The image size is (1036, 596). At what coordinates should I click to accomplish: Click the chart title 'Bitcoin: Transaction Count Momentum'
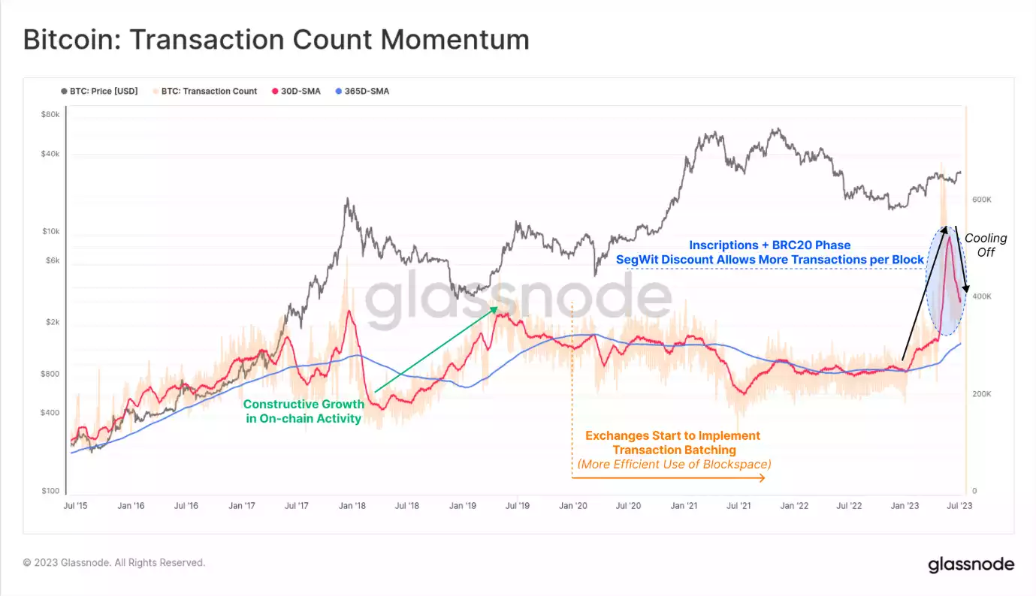point(276,40)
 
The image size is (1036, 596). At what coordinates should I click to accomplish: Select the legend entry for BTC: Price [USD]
point(99,92)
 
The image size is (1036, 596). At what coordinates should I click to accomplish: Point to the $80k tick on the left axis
point(50,115)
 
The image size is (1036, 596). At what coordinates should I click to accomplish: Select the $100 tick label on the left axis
point(50,491)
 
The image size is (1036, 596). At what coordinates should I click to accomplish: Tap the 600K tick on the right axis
point(982,200)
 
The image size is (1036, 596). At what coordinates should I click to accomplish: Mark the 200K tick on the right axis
point(982,394)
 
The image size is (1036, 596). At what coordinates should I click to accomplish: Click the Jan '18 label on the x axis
point(352,506)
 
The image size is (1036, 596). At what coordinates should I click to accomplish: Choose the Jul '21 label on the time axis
point(738,506)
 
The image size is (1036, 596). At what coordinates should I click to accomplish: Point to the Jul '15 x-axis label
point(75,506)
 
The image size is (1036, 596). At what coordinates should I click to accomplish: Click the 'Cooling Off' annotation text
point(986,245)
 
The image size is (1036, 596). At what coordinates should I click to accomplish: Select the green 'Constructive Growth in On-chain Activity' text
point(303,411)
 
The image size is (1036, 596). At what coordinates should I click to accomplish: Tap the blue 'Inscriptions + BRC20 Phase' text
point(770,245)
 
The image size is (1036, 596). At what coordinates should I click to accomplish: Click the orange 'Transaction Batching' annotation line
point(674,450)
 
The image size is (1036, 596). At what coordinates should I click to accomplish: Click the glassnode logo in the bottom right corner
point(971,564)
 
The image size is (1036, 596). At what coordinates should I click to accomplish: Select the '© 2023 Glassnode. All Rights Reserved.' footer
point(114,562)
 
